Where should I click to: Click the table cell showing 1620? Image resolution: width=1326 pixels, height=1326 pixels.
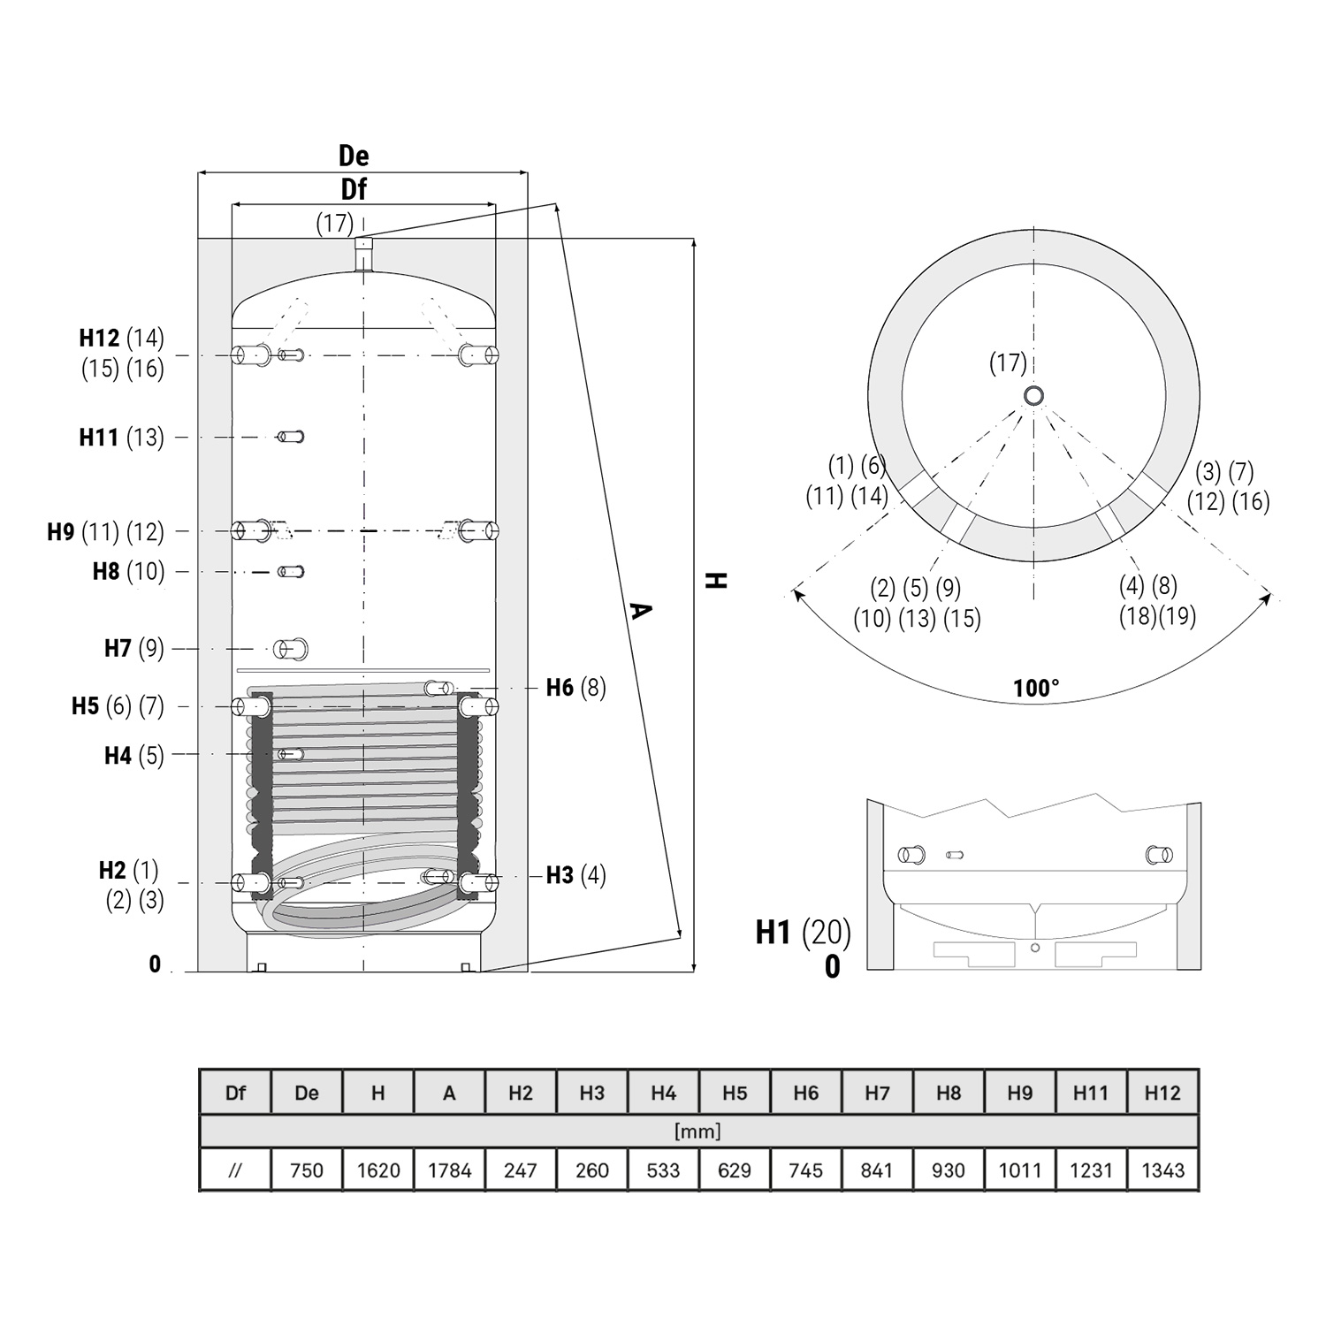378,1170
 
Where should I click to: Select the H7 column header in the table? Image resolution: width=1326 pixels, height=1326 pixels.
877,1093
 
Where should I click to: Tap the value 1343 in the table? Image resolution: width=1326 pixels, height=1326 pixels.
1162,1170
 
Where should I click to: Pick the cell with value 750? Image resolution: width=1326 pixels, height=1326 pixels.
307,1170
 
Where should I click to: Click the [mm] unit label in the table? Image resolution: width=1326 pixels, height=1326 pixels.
697,1132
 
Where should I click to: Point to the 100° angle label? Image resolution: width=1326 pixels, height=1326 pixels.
1036,688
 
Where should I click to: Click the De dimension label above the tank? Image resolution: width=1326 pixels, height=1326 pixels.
354,156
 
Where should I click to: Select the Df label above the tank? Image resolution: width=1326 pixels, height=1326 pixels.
354,189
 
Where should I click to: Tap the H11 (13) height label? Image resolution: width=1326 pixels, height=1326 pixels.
122,437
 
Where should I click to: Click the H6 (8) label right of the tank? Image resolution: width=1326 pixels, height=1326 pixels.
575,687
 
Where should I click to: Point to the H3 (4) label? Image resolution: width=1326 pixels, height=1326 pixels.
575,875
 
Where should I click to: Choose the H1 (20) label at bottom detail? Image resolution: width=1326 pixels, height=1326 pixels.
803,932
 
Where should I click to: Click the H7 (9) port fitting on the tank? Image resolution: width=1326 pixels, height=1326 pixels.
290,649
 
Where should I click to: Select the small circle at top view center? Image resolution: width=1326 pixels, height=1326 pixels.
1033,396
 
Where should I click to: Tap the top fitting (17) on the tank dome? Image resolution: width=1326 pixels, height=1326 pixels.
363,254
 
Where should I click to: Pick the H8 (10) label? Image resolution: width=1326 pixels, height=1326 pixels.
129,571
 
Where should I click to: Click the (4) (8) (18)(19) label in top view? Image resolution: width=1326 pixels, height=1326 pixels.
1158,600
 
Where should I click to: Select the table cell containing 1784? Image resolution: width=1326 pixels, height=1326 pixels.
449,1170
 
